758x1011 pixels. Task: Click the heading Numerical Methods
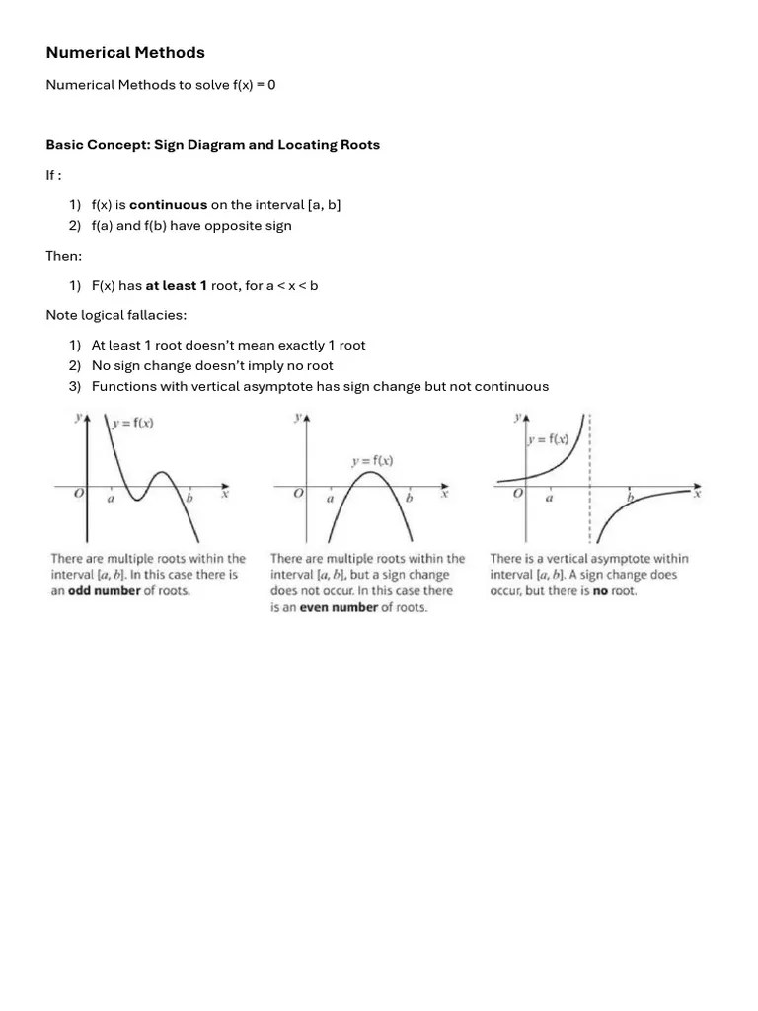(x=125, y=53)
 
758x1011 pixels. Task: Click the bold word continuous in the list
(x=168, y=205)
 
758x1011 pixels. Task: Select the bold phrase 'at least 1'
(x=177, y=286)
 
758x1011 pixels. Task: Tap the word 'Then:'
(x=64, y=256)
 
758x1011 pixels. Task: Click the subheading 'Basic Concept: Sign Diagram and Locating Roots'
(x=212, y=145)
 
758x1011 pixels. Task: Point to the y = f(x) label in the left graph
(x=134, y=424)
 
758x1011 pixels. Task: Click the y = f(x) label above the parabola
(x=372, y=460)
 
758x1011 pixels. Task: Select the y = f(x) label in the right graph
(x=548, y=440)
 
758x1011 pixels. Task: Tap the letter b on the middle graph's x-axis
(x=409, y=499)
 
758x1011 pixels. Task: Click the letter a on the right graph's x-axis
(x=549, y=498)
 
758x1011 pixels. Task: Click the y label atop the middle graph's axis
(x=298, y=418)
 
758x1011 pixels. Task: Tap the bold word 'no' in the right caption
(x=600, y=590)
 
